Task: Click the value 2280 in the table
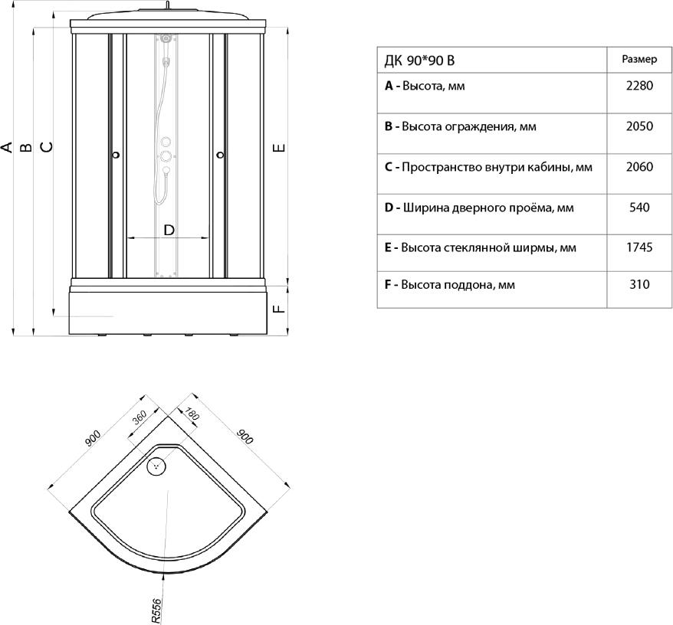tap(639, 86)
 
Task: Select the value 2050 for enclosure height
tap(639, 126)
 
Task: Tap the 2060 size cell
tap(639, 167)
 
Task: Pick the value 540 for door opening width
tap(639, 208)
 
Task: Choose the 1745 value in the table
tap(639, 247)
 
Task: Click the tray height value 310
tap(639, 284)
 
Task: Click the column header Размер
tap(639, 59)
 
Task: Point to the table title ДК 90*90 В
tap(419, 61)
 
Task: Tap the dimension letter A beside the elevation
tap(6, 147)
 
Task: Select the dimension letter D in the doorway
tap(169, 231)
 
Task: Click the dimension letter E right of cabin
tap(279, 148)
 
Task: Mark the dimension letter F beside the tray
tap(279, 309)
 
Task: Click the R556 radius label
tap(156, 611)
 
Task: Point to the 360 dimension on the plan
tap(140, 417)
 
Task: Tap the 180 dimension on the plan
tap(192, 414)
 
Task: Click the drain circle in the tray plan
tap(156, 466)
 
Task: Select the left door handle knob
tap(116, 155)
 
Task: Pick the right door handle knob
tap(221, 155)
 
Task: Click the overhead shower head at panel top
tap(166, 38)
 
